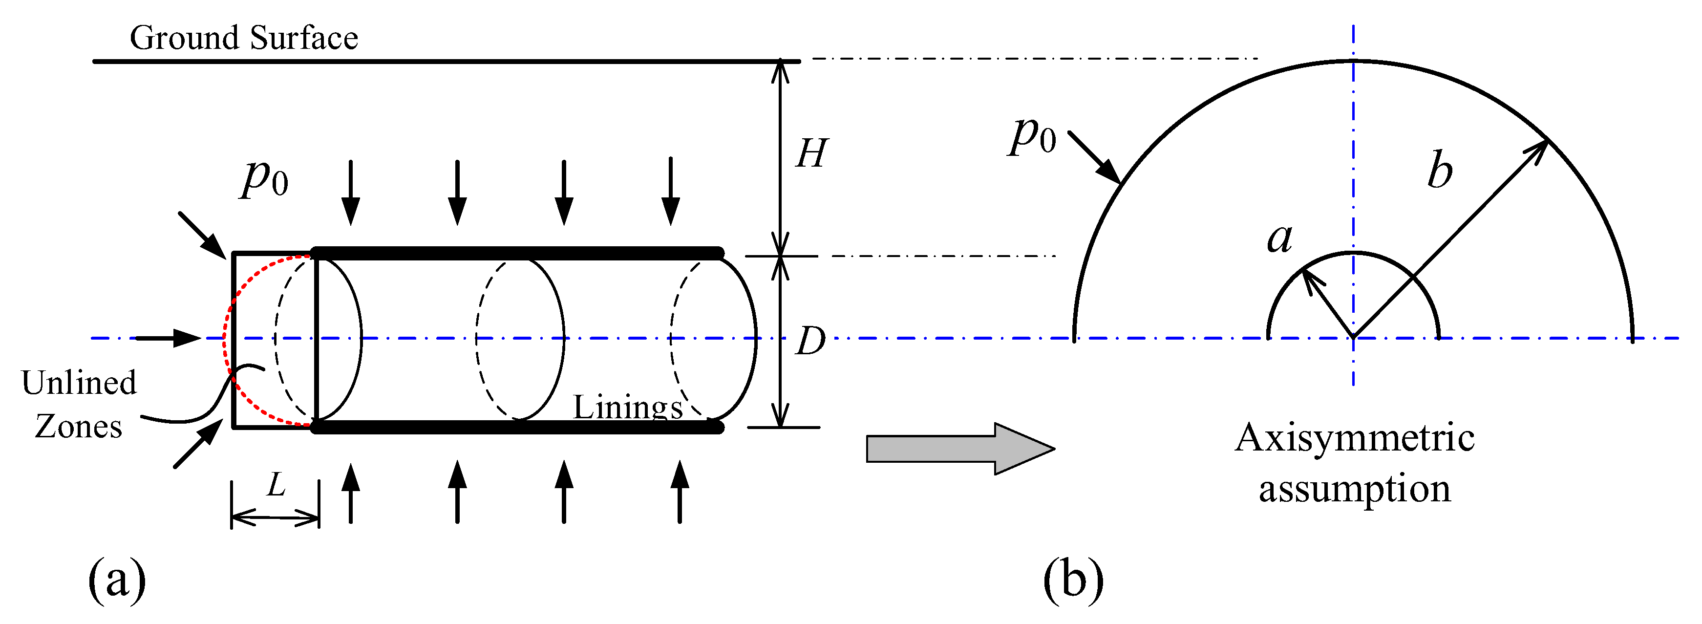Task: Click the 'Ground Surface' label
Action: point(244,38)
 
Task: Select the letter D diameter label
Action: point(810,341)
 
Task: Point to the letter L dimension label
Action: point(276,486)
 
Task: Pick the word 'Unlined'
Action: point(79,383)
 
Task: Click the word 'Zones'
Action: point(79,427)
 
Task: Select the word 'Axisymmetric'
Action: point(1355,438)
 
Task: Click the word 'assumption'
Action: point(1355,489)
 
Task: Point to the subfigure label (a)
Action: point(117,577)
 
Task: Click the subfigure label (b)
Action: point(1073,577)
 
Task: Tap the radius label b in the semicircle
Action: point(1440,170)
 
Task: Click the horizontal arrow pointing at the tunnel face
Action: point(169,339)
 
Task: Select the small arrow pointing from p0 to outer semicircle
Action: point(1094,157)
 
